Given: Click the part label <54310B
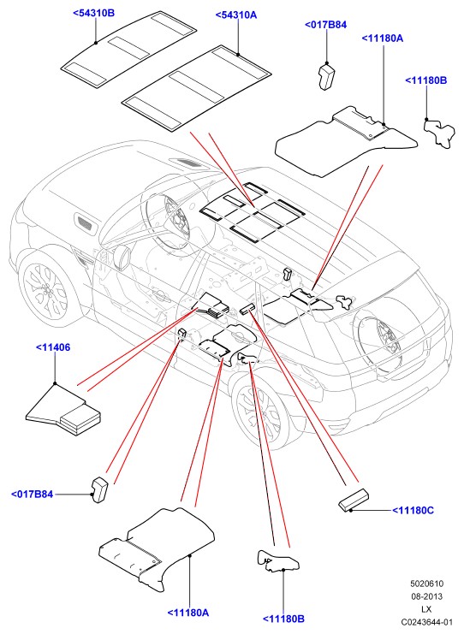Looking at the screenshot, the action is point(94,13).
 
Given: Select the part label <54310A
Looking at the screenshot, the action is point(236,15).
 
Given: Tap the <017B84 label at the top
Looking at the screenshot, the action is point(325,25).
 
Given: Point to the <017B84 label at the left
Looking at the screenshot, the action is point(32,494).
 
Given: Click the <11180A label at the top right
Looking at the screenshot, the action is point(383,39).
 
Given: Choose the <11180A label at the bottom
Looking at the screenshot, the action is point(188,613).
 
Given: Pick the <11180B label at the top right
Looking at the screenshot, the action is point(426,80).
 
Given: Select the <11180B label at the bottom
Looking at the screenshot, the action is point(283,619).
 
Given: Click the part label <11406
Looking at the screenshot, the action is point(53,347).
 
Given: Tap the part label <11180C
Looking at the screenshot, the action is point(413,510).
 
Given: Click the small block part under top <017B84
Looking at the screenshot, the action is point(326,76).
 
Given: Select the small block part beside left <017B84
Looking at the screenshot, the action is point(100,489).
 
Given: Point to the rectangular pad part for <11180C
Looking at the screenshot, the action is point(354,501).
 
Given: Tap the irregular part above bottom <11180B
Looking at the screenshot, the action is point(278,560).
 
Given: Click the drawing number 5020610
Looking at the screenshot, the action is point(426,584).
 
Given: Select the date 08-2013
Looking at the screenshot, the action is point(427,596).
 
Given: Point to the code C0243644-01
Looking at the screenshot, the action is point(426,622).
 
